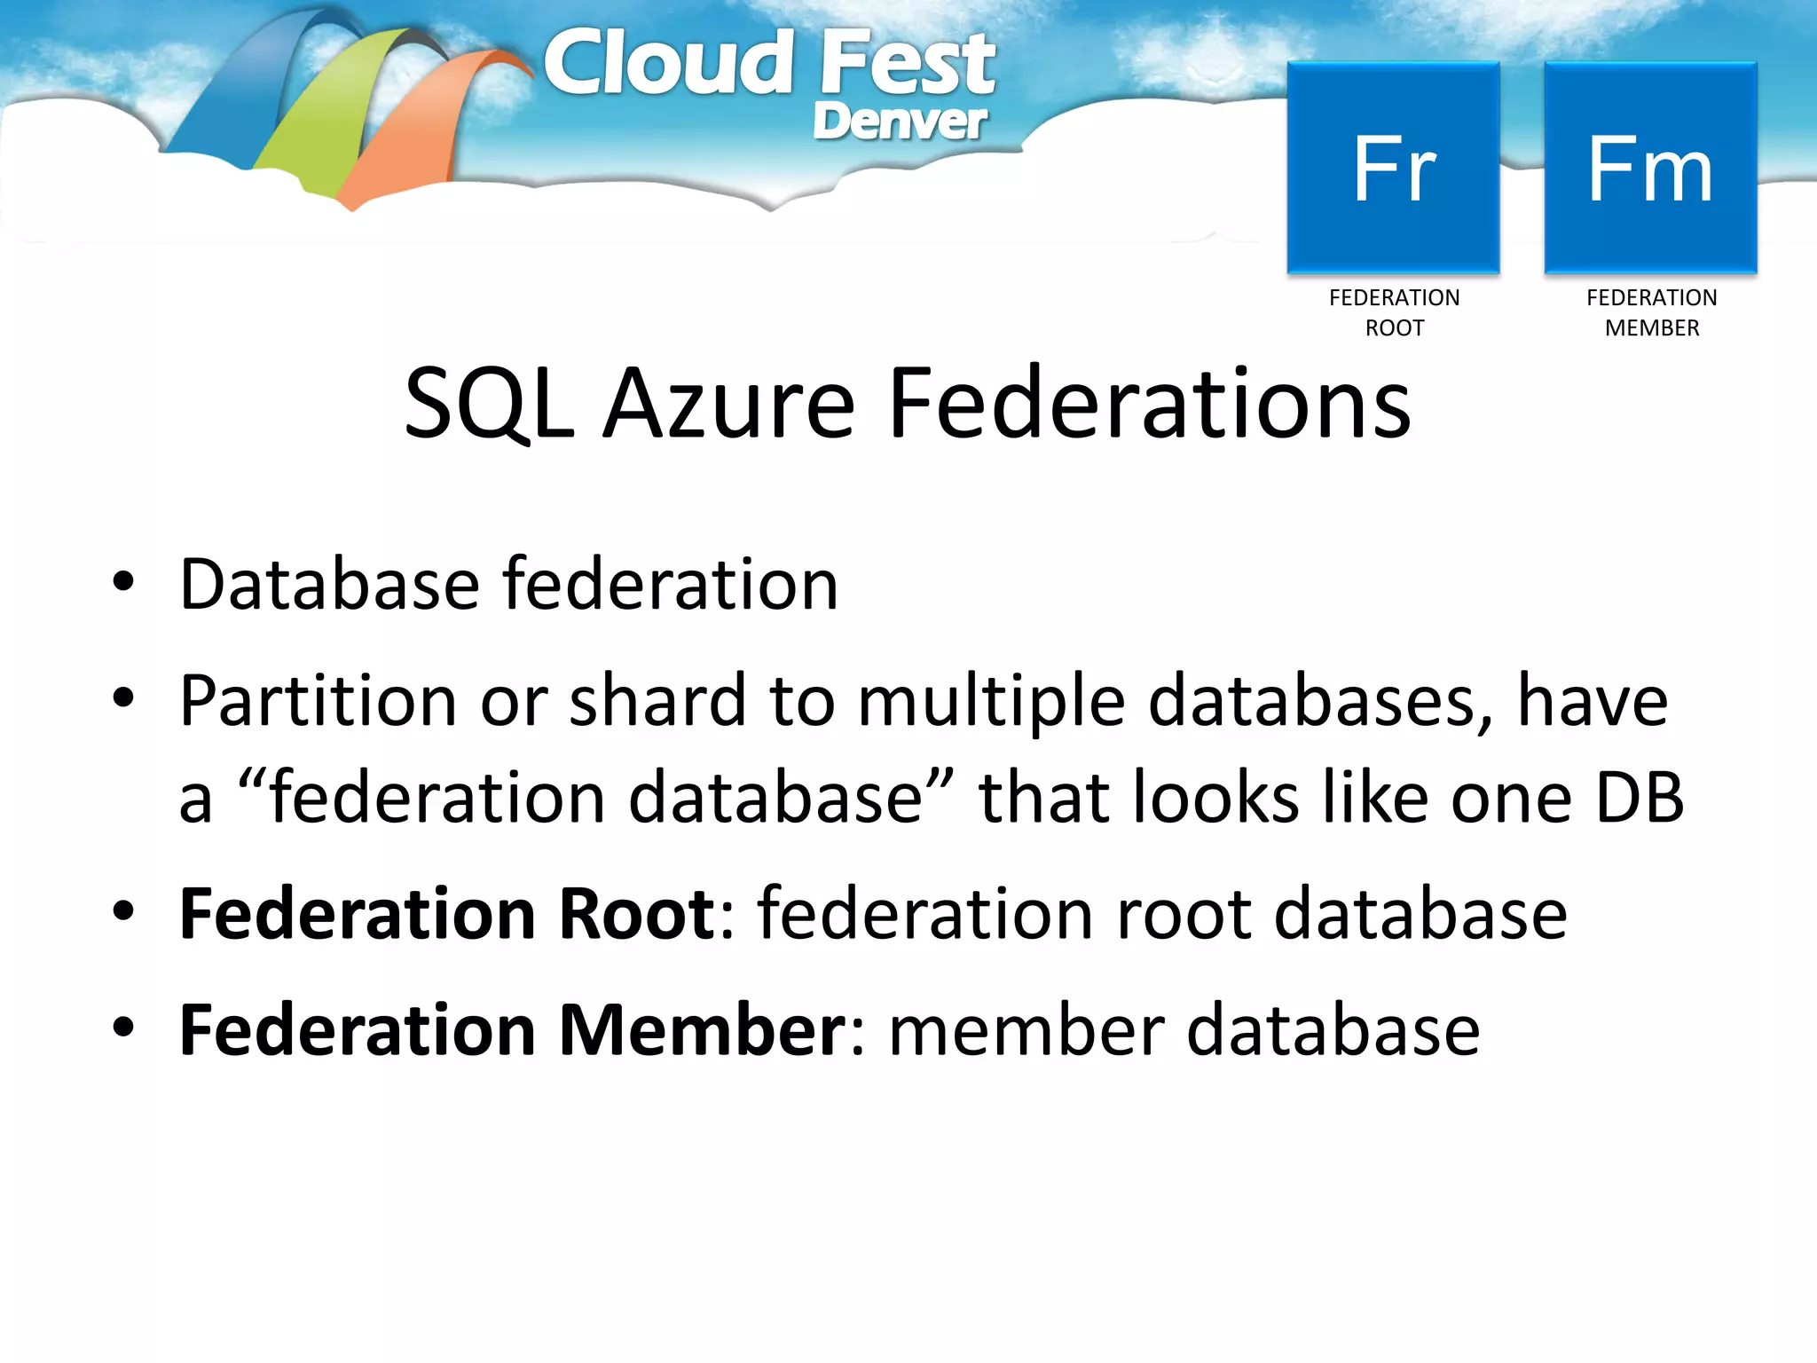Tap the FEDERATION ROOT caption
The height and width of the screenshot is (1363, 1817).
click(1394, 312)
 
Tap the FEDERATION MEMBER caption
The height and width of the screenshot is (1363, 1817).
click(1651, 312)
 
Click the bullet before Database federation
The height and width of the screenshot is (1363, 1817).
click(123, 583)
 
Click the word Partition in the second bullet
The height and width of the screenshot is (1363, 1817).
click(318, 701)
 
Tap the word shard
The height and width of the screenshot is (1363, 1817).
click(657, 701)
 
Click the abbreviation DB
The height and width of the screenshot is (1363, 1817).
click(1639, 797)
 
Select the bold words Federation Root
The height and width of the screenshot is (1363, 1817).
click(447, 914)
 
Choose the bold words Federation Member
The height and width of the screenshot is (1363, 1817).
click(513, 1030)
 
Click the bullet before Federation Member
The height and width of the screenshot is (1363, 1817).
click(123, 1028)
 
